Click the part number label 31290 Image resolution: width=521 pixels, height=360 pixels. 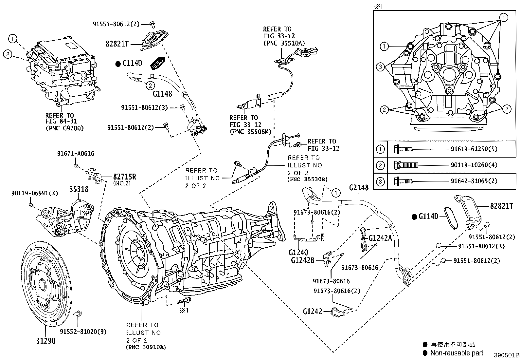46,341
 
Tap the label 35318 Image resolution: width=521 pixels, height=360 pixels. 79,189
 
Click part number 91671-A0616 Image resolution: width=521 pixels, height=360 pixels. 76,153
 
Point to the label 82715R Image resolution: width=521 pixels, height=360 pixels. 125,177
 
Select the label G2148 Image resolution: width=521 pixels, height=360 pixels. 359,188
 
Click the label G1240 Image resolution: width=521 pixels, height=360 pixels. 298,253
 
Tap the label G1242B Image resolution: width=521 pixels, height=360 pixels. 303,261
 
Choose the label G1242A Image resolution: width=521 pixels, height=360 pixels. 380,238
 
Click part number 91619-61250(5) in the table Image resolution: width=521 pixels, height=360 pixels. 474,149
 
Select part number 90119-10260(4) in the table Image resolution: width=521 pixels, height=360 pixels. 474,165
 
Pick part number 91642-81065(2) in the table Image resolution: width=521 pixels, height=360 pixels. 474,181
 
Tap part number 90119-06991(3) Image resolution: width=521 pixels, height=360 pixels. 34,193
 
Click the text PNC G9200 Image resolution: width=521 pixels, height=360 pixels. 64,128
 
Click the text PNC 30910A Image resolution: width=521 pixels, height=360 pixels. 146,347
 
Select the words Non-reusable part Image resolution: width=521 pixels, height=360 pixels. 457,353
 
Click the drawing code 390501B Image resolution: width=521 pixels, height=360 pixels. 507,355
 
